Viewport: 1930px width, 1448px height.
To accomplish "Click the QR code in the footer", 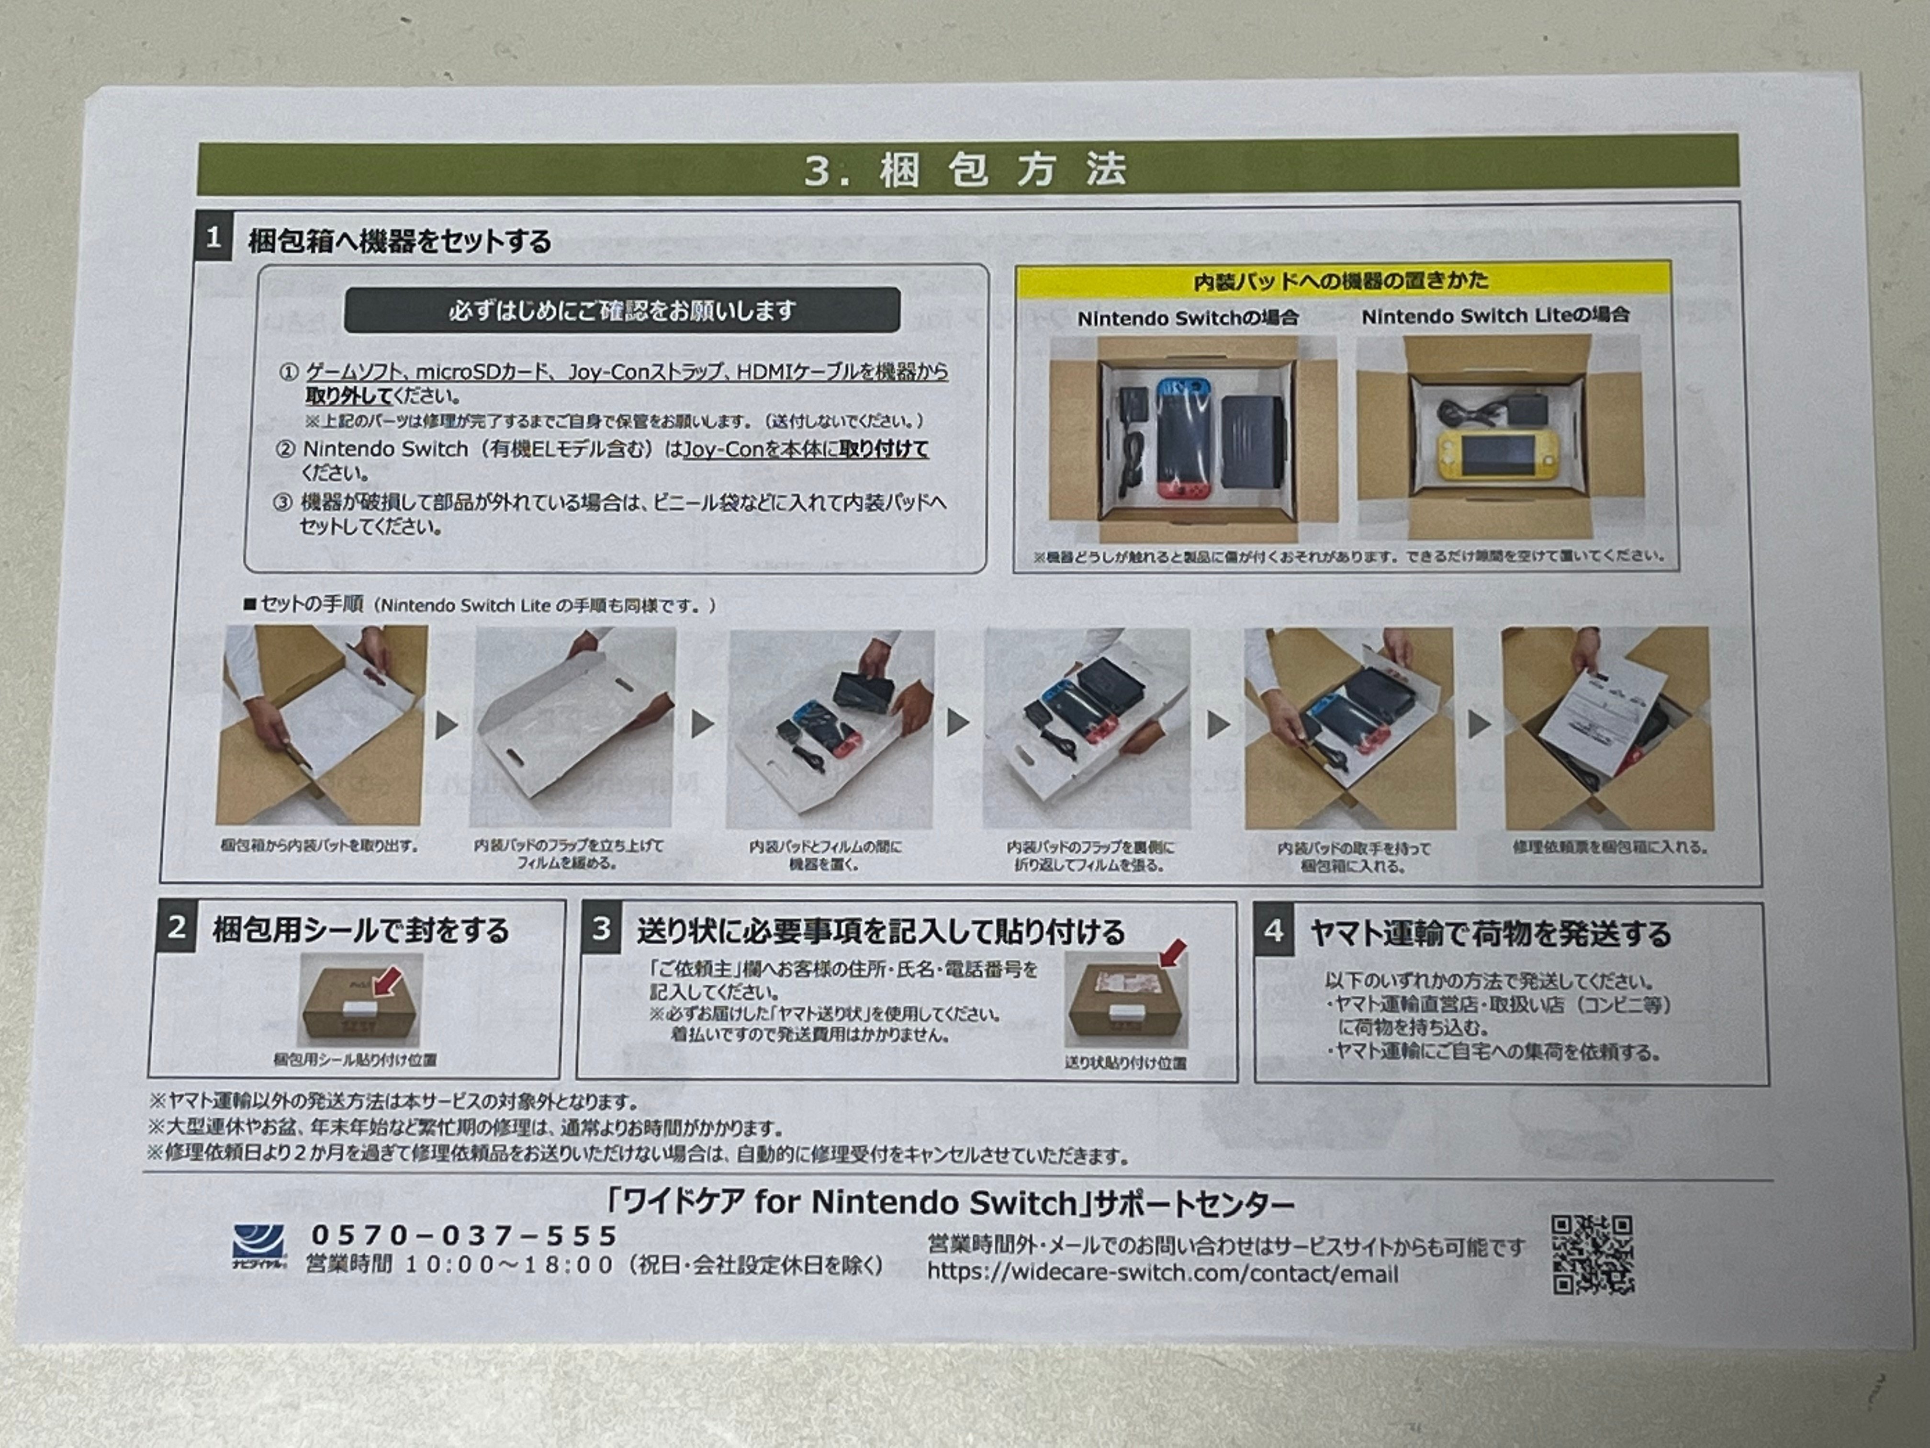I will (x=1593, y=1254).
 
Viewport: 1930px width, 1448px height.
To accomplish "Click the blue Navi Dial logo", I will (x=258, y=1246).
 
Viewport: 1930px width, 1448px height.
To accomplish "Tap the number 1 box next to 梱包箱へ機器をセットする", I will (x=213, y=238).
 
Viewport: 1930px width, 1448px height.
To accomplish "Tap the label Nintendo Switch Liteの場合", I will (x=1494, y=315).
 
